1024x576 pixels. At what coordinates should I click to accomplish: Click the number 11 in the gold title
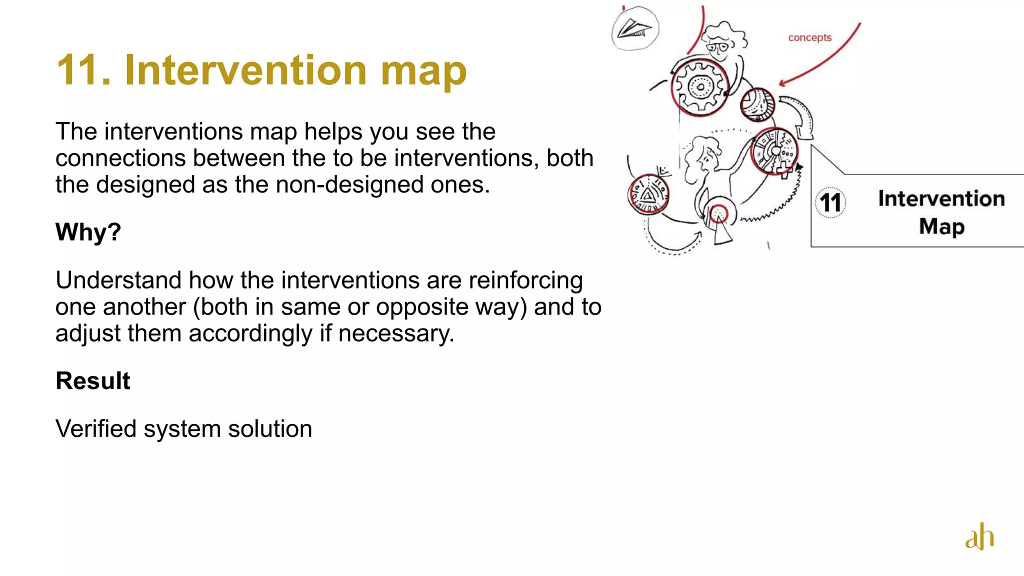pyautogui.click(x=82, y=70)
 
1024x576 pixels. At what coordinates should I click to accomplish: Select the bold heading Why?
pyautogui.click(x=88, y=232)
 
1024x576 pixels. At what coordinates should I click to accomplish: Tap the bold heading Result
pyautogui.click(x=92, y=381)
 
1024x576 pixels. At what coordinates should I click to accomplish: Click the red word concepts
pyautogui.click(x=809, y=37)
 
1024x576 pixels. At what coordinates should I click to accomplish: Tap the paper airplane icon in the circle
pyautogui.click(x=634, y=29)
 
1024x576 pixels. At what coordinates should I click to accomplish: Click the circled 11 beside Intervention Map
pyautogui.click(x=830, y=202)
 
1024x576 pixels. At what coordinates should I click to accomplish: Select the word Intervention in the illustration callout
pyautogui.click(x=941, y=198)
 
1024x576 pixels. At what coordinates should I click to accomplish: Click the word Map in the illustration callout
pyautogui.click(x=941, y=226)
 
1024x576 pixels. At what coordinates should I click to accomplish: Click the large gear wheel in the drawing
pyautogui.click(x=699, y=87)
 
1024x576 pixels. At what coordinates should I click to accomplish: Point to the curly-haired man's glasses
pyautogui.click(x=717, y=48)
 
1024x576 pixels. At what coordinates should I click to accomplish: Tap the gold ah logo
pyautogui.click(x=979, y=536)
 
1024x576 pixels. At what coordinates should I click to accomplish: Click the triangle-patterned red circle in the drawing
pyautogui.click(x=647, y=194)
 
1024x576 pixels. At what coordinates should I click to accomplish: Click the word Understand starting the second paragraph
pyautogui.click(x=118, y=280)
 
